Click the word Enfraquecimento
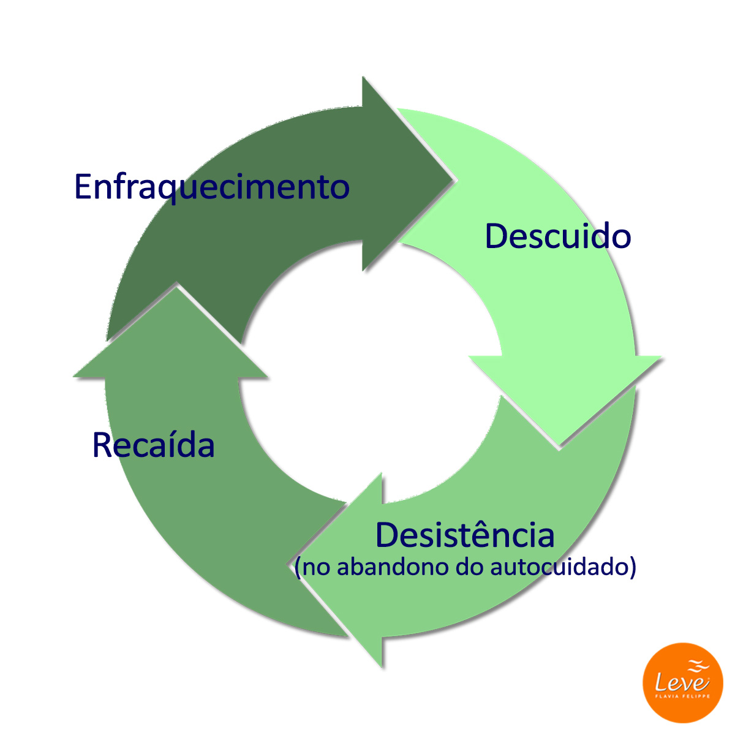[x=211, y=187]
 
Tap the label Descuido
[x=557, y=236]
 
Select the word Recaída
[x=153, y=445]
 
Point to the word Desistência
[x=465, y=535]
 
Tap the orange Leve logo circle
[x=682, y=682]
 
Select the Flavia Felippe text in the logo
[x=682, y=696]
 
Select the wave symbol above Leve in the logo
[x=698, y=665]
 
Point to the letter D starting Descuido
[x=495, y=236]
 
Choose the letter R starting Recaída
[x=102, y=445]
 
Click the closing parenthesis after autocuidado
[x=633, y=567]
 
